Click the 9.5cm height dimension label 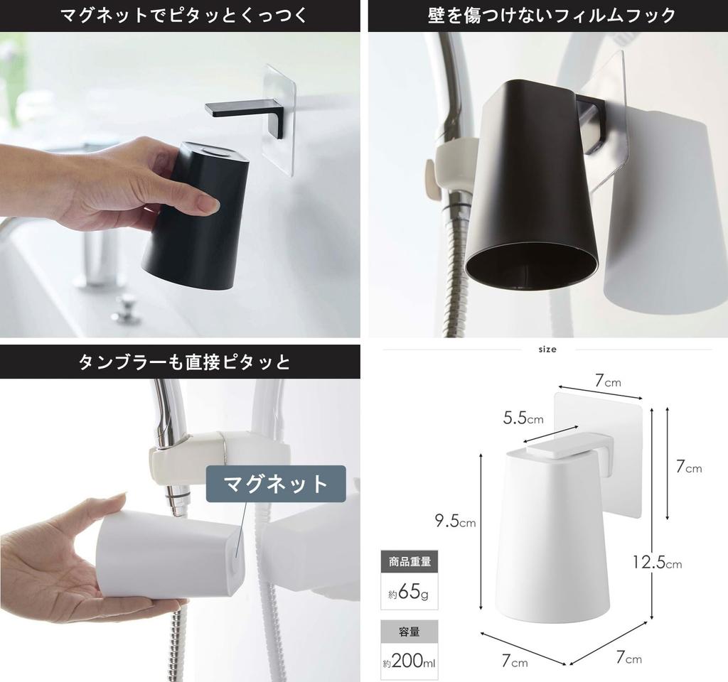coord(456,523)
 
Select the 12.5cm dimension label coord(657,563)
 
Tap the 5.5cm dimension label coord(523,418)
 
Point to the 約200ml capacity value coord(409,663)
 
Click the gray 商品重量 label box coord(409,562)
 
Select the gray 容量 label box coord(409,632)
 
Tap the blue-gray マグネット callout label coord(276,484)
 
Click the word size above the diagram coord(547,349)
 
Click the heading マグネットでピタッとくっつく coord(180,15)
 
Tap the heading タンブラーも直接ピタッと coord(180,362)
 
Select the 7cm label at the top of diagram coord(608,381)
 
